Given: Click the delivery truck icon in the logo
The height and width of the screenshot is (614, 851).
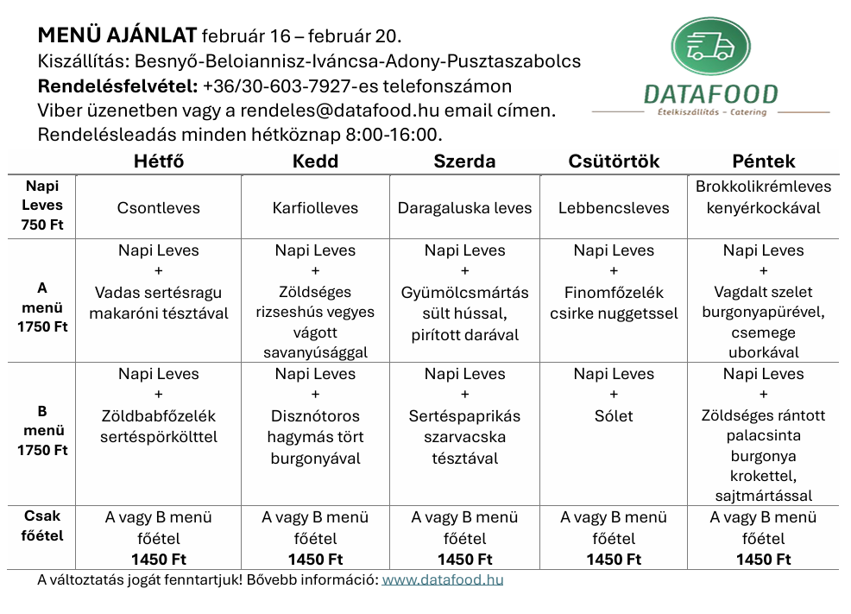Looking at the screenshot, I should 710,46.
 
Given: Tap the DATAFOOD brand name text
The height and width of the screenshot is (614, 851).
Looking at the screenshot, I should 710,93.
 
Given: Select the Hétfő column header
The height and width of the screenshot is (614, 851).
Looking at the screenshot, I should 159,161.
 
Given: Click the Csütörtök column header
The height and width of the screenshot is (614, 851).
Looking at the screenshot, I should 614,161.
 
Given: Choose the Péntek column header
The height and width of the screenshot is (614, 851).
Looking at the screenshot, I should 763,161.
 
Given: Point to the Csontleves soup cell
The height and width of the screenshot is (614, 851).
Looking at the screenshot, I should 159,208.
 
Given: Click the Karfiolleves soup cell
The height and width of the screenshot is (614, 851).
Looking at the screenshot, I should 315,208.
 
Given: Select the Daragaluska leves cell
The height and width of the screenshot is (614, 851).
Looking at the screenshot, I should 465,208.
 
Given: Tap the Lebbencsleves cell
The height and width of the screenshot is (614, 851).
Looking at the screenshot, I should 614,208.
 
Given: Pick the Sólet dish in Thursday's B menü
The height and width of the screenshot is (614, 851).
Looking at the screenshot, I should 614,416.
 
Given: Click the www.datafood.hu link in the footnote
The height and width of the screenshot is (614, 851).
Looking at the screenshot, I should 443,579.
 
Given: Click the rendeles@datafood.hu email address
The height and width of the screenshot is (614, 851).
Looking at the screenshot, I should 330,111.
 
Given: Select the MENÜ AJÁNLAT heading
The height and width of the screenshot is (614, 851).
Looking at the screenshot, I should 118,36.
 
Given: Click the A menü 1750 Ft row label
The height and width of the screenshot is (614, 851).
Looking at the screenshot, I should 42,307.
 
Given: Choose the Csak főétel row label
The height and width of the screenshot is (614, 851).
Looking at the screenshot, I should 42,526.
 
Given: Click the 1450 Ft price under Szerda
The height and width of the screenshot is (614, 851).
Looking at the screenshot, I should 465,560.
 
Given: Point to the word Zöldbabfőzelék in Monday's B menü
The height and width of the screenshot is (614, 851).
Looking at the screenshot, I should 159,416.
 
